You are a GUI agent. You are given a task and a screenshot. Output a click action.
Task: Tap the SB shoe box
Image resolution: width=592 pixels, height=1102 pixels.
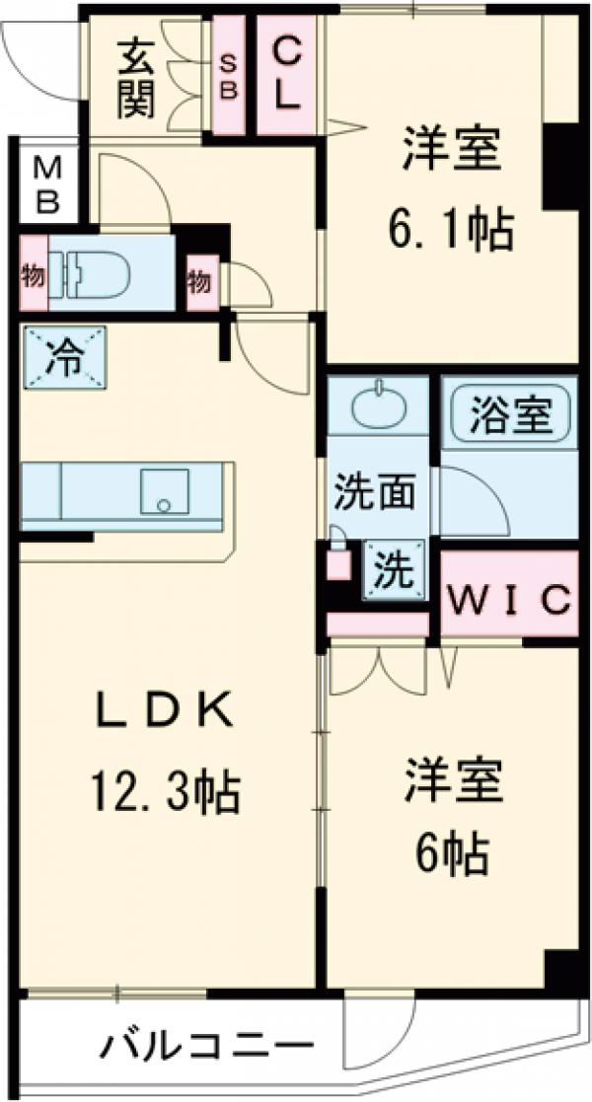(x=229, y=77)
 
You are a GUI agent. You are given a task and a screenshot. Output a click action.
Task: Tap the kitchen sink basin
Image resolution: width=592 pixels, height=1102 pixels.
(x=163, y=490)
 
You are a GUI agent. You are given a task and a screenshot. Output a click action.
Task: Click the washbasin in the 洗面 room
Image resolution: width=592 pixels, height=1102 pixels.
(x=378, y=407)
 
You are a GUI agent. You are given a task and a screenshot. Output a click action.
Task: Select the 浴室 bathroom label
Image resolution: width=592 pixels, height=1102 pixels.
(x=511, y=413)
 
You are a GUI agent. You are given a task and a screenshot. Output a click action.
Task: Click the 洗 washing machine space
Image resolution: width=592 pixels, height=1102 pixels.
(x=394, y=569)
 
